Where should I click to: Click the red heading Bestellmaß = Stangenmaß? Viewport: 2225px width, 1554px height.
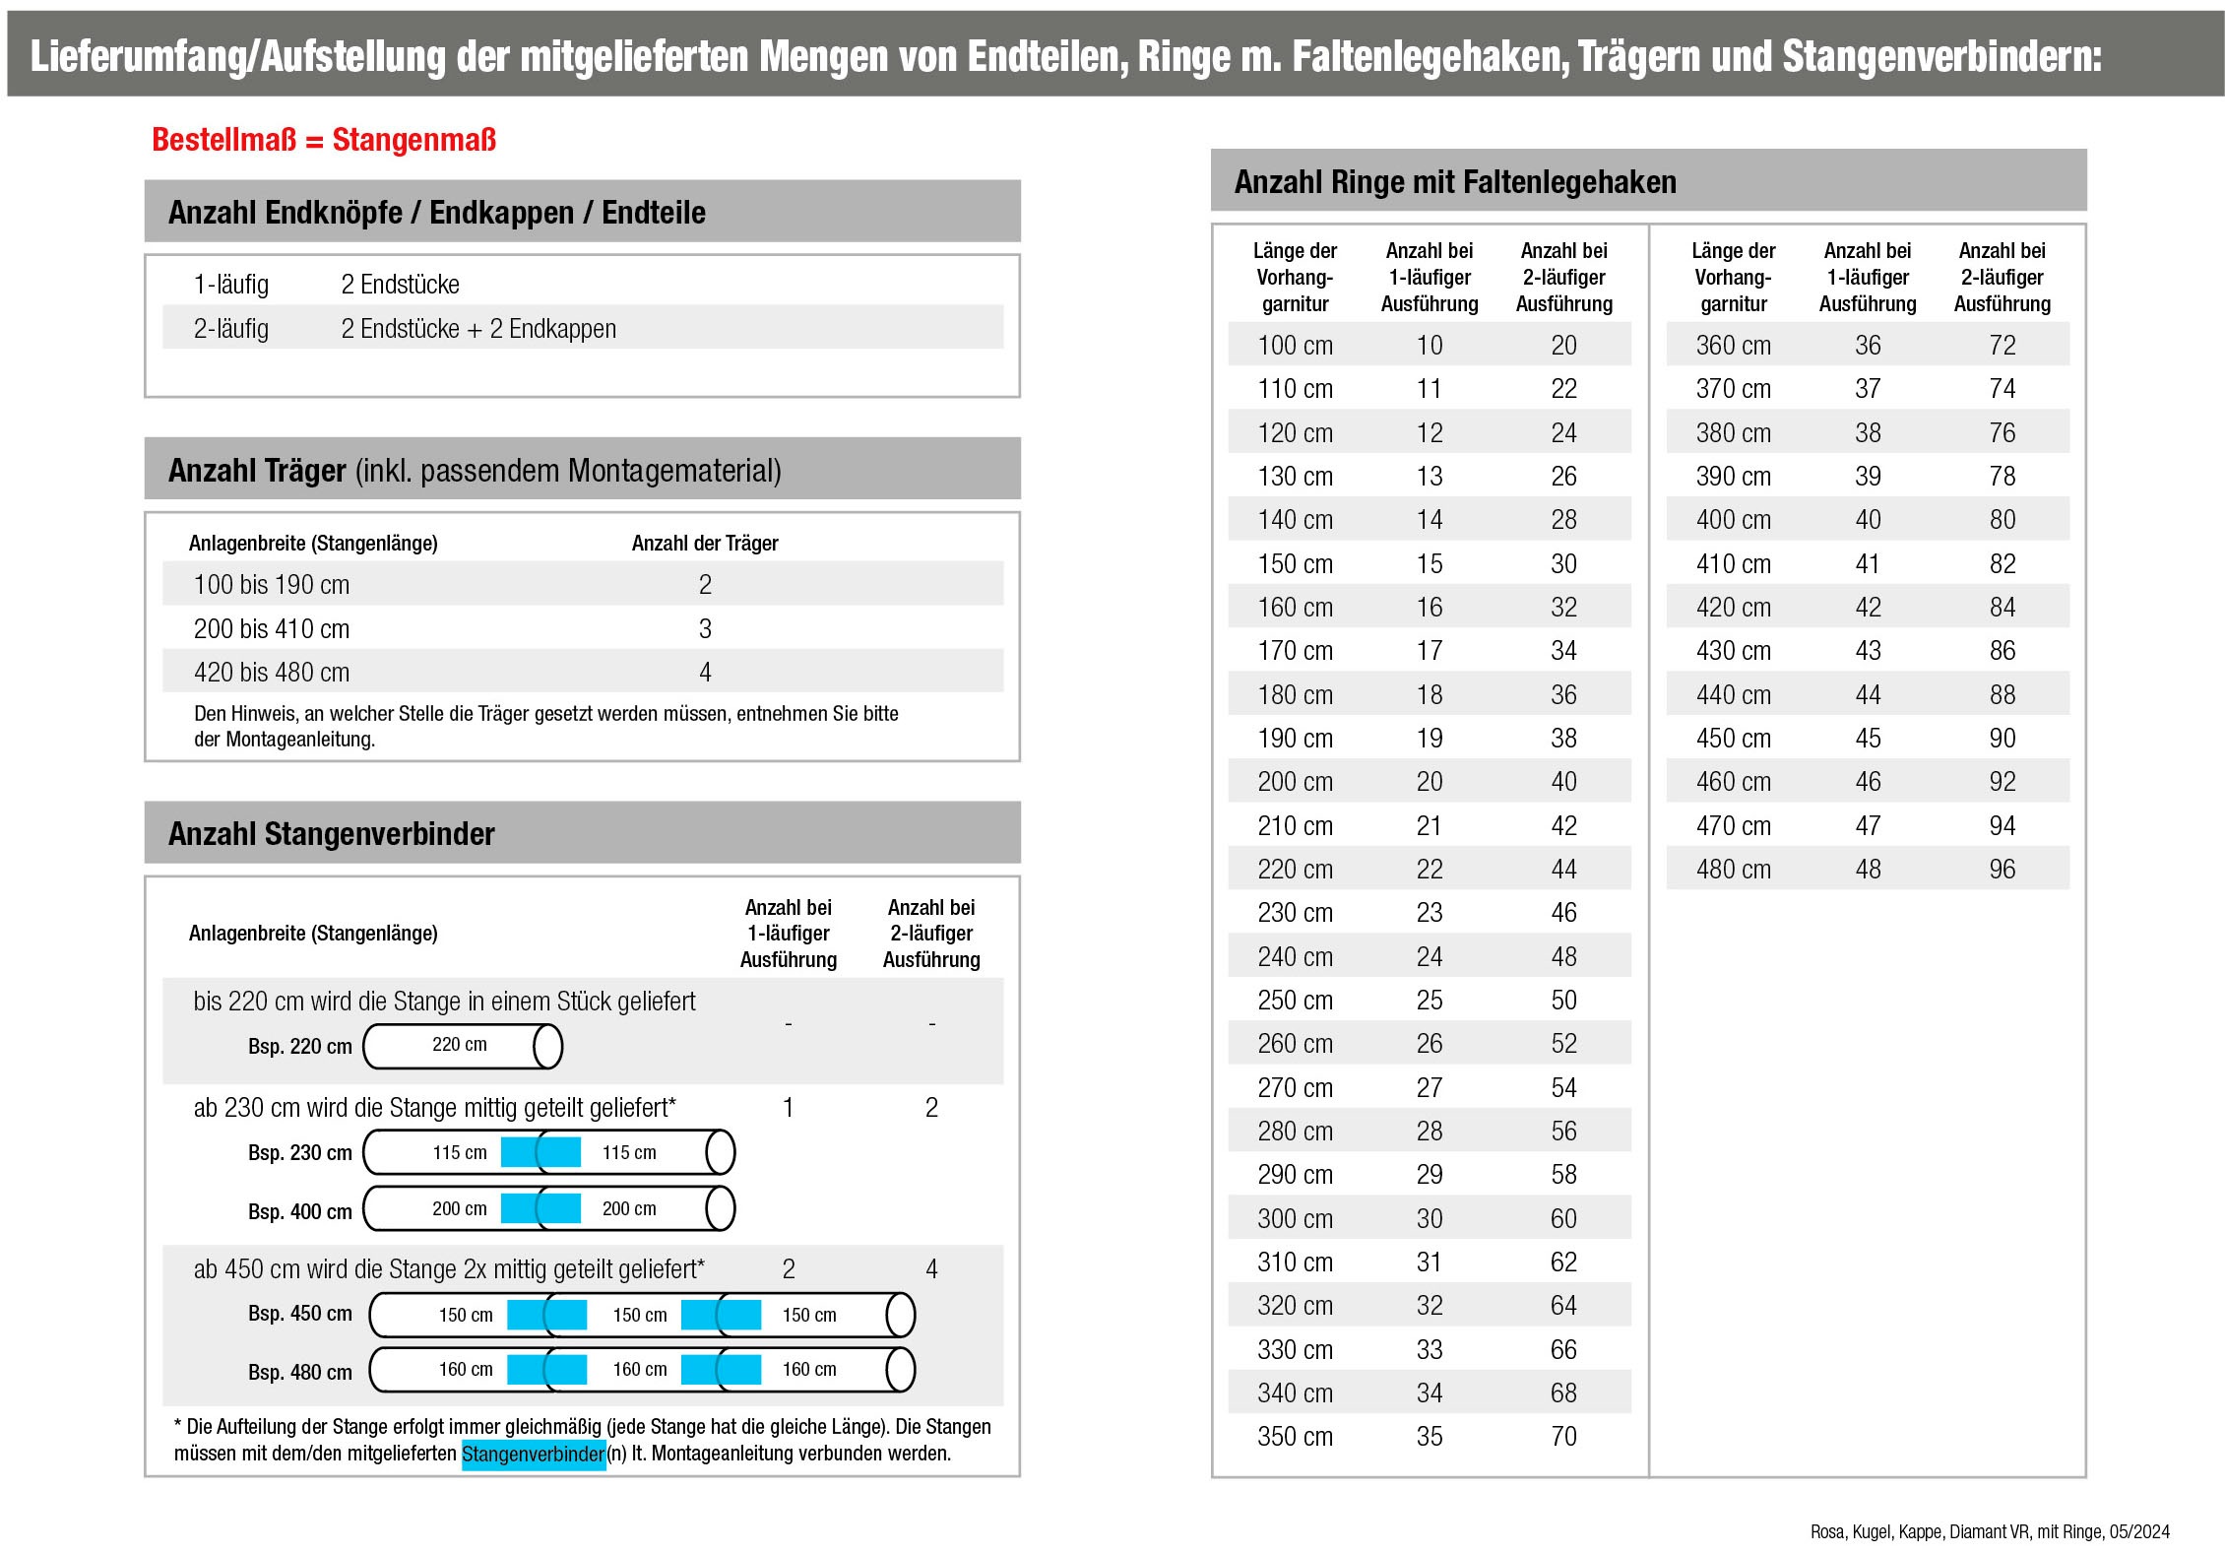click(x=323, y=140)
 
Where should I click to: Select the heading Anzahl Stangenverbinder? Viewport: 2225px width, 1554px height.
click(x=331, y=834)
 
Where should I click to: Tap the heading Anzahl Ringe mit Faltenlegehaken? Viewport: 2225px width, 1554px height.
click(x=1454, y=182)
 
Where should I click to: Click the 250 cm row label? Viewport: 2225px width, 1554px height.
click(x=1295, y=1001)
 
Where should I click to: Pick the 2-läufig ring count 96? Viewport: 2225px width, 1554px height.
click(x=2002, y=870)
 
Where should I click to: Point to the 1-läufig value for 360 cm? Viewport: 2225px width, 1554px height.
click(x=1867, y=346)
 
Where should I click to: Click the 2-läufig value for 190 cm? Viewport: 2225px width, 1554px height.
click(x=1563, y=739)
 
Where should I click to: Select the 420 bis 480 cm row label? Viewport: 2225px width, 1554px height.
click(x=271, y=673)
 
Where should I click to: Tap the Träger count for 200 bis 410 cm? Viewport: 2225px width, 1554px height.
click(x=705, y=629)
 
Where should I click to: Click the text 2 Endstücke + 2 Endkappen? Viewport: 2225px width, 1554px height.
click(x=478, y=329)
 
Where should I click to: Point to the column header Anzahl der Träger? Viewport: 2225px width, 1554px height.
click(x=704, y=544)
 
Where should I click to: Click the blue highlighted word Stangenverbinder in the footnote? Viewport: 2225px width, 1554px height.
click(x=533, y=1455)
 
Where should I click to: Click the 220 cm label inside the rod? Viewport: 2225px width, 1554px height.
click(x=459, y=1045)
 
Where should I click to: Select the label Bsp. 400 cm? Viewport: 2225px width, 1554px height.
click(x=299, y=1212)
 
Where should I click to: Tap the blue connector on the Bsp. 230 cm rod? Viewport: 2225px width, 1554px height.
click(x=540, y=1152)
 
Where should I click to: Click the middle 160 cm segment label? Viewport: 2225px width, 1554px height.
click(x=639, y=1370)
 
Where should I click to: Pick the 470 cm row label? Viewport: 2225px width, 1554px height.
click(x=1733, y=826)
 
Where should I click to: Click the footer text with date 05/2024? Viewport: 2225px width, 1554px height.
click(x=1990, y=1531)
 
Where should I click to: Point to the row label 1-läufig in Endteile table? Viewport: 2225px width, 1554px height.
click(x=230, y=285)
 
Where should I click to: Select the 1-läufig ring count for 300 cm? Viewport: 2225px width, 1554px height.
click(x=1429, y=1219)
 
